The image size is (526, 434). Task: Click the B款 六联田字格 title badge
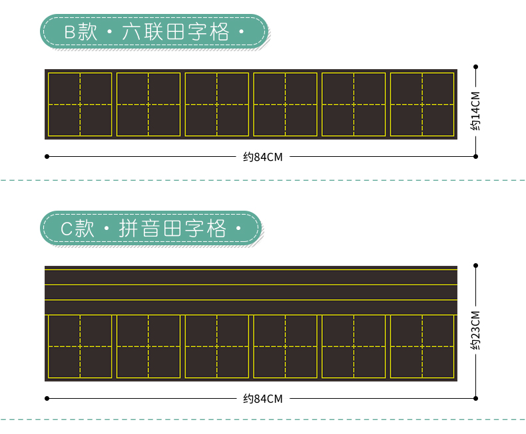point(153,32)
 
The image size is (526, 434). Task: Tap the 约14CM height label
point(475,111)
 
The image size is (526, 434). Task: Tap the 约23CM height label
point(475,331)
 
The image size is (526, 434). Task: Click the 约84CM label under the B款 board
point(263,157)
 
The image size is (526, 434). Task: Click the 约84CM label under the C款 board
point(263,399)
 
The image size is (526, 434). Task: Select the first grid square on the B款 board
point(80,104)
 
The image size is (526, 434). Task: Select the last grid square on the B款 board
point(422,104)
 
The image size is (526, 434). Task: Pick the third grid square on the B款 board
point(217,104)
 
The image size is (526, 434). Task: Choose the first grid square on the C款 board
point(80,346)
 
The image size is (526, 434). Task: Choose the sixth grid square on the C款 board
point(422,346)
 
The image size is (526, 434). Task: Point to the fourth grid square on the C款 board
point(286,346)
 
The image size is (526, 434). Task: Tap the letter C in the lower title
point(66,229)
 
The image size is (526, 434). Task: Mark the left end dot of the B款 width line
point(47,157)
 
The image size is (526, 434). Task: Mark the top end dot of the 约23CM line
point(476,266)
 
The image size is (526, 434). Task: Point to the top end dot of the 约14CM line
point(476,66)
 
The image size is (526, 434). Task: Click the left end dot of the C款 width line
point(47,399)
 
